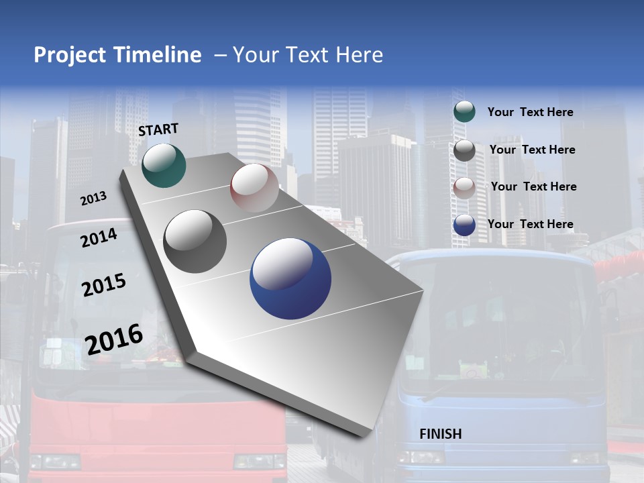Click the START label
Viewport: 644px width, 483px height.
click(x=158, y=129)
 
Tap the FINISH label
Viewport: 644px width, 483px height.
click(x=441, y=433)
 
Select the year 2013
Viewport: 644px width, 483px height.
click(x=93, y=199)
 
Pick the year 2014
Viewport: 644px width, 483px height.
click(x=99, y=237)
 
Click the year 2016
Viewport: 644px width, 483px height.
click(x=114, y=339)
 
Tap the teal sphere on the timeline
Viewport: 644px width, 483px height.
click(x=164, y=165)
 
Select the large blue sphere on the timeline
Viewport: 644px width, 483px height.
click(x=290, y=278)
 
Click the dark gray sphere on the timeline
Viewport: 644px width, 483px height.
click(x=195, y=241)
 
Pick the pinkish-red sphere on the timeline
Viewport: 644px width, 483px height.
click(x=254, y=188)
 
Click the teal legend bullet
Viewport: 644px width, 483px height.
click(x=464, y=111)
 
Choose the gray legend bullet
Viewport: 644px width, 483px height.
click(x=464, y=150)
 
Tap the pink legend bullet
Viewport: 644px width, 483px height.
click(x=464, y=188)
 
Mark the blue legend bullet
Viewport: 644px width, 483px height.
click(x=464, y=225)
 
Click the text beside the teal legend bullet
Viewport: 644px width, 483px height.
click(x=530, y=112)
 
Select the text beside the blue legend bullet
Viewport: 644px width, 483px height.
click(x=530, y=224)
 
